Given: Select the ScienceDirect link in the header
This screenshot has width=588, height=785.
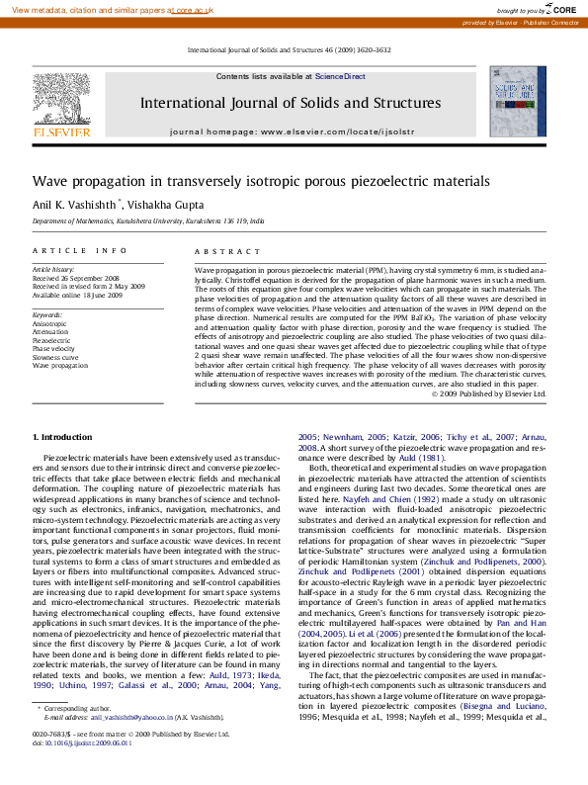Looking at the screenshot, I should pos(340,76).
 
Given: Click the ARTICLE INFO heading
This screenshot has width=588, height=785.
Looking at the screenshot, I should pos(71,253).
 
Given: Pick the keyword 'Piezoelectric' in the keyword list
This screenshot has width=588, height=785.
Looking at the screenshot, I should pos(52,339).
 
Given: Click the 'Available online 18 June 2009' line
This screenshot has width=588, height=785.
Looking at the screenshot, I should pos(77,295).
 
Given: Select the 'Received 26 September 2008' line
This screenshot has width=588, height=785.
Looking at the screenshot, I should pos(75,278).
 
